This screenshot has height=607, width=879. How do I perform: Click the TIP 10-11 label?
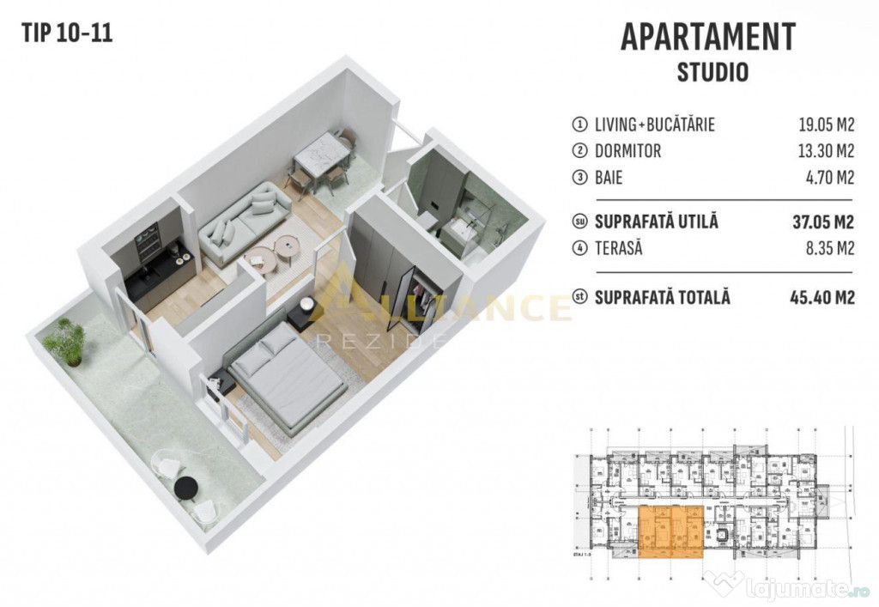[x=66, y=33]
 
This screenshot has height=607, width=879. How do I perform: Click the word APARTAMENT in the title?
[x=707, y=37]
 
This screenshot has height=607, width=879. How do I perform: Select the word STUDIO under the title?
[x=712, y=71]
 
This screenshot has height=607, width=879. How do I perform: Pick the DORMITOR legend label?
[x=628, y=151]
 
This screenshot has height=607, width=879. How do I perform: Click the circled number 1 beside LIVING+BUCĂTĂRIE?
[x=579, y=124]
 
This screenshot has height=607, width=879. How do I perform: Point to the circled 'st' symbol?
[x=579, y=298]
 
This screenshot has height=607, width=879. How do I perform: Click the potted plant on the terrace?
[x=64, y=342]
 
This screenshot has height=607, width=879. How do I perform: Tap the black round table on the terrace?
[x=186, y=488]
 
